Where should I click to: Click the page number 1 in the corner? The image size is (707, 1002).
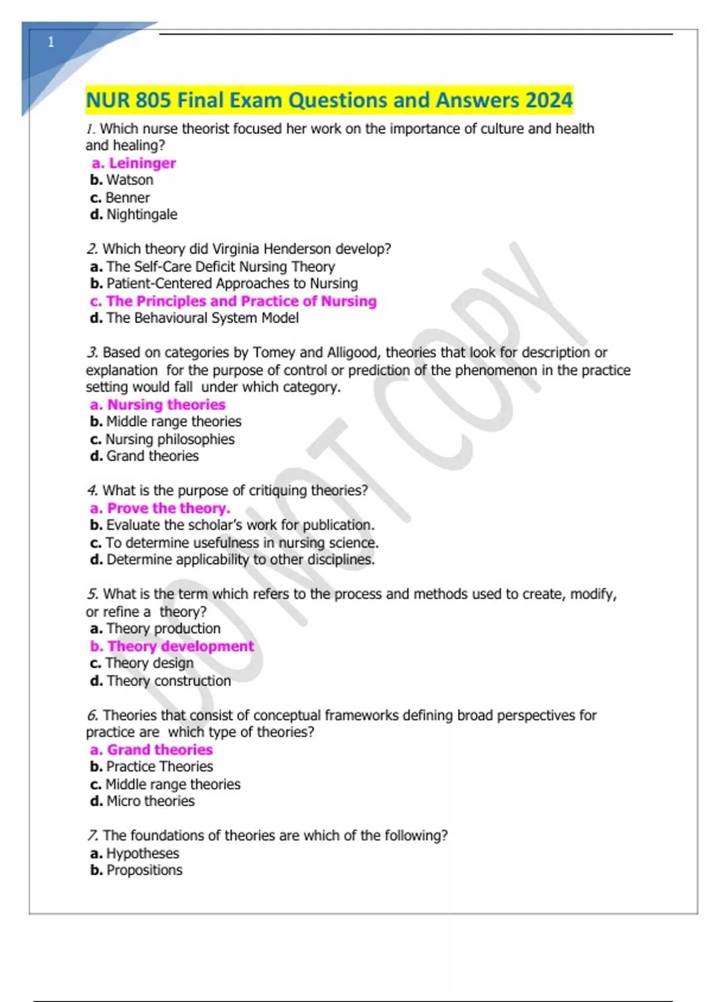pos(51,42)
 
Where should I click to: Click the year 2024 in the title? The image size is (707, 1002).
pos(549,100)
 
